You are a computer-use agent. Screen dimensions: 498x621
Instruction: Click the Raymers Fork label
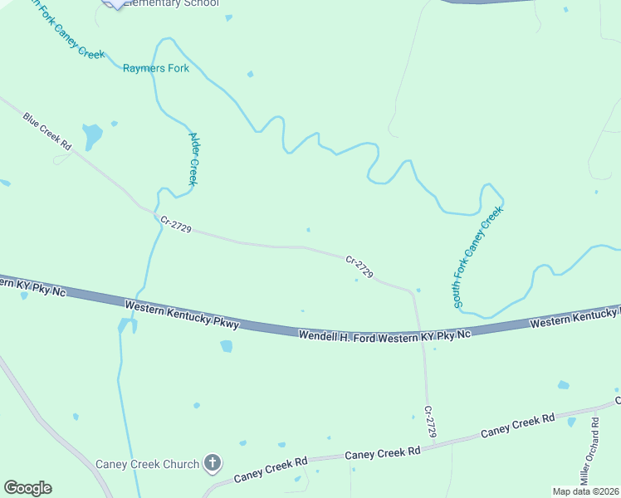tap(156, 68)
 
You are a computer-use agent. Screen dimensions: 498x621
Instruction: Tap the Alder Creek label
tap(194, 159)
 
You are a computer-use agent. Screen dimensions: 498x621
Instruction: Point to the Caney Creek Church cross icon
tap(213, 463)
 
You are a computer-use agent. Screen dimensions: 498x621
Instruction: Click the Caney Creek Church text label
tap(147, 464)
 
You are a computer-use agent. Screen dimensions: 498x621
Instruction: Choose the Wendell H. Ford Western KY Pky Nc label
tap(385, 334)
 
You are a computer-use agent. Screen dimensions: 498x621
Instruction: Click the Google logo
tap(27, 488)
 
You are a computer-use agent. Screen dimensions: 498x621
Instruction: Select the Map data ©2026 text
tap(586, 491)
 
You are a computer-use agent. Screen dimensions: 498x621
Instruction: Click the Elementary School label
tap(171, 3)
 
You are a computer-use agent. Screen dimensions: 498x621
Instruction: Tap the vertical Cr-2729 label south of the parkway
tap(429, 421)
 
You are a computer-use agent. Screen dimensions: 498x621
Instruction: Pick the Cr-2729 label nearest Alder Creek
tap(177, 225)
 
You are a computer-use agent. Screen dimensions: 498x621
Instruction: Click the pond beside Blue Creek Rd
tap(91, 134)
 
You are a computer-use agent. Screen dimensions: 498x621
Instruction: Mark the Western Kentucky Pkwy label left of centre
tap(182, 315)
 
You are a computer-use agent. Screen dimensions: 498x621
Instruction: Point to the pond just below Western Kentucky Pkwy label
tap(226, 346)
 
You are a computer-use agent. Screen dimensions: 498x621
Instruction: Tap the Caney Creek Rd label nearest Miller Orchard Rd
tap(517, 426)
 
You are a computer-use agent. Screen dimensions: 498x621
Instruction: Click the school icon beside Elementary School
tap(114, 3)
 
